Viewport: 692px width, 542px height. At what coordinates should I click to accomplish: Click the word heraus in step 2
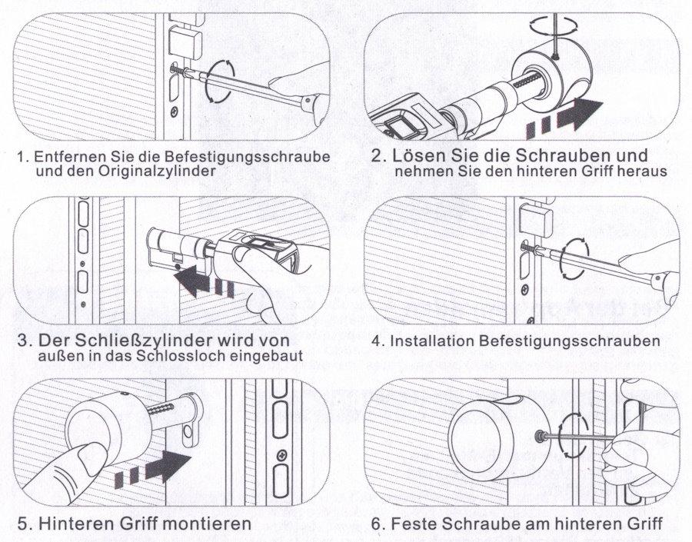point(642,171)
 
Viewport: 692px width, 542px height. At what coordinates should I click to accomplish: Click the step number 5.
point(22,524)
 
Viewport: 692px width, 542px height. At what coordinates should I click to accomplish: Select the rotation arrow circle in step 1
point(221,81)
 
